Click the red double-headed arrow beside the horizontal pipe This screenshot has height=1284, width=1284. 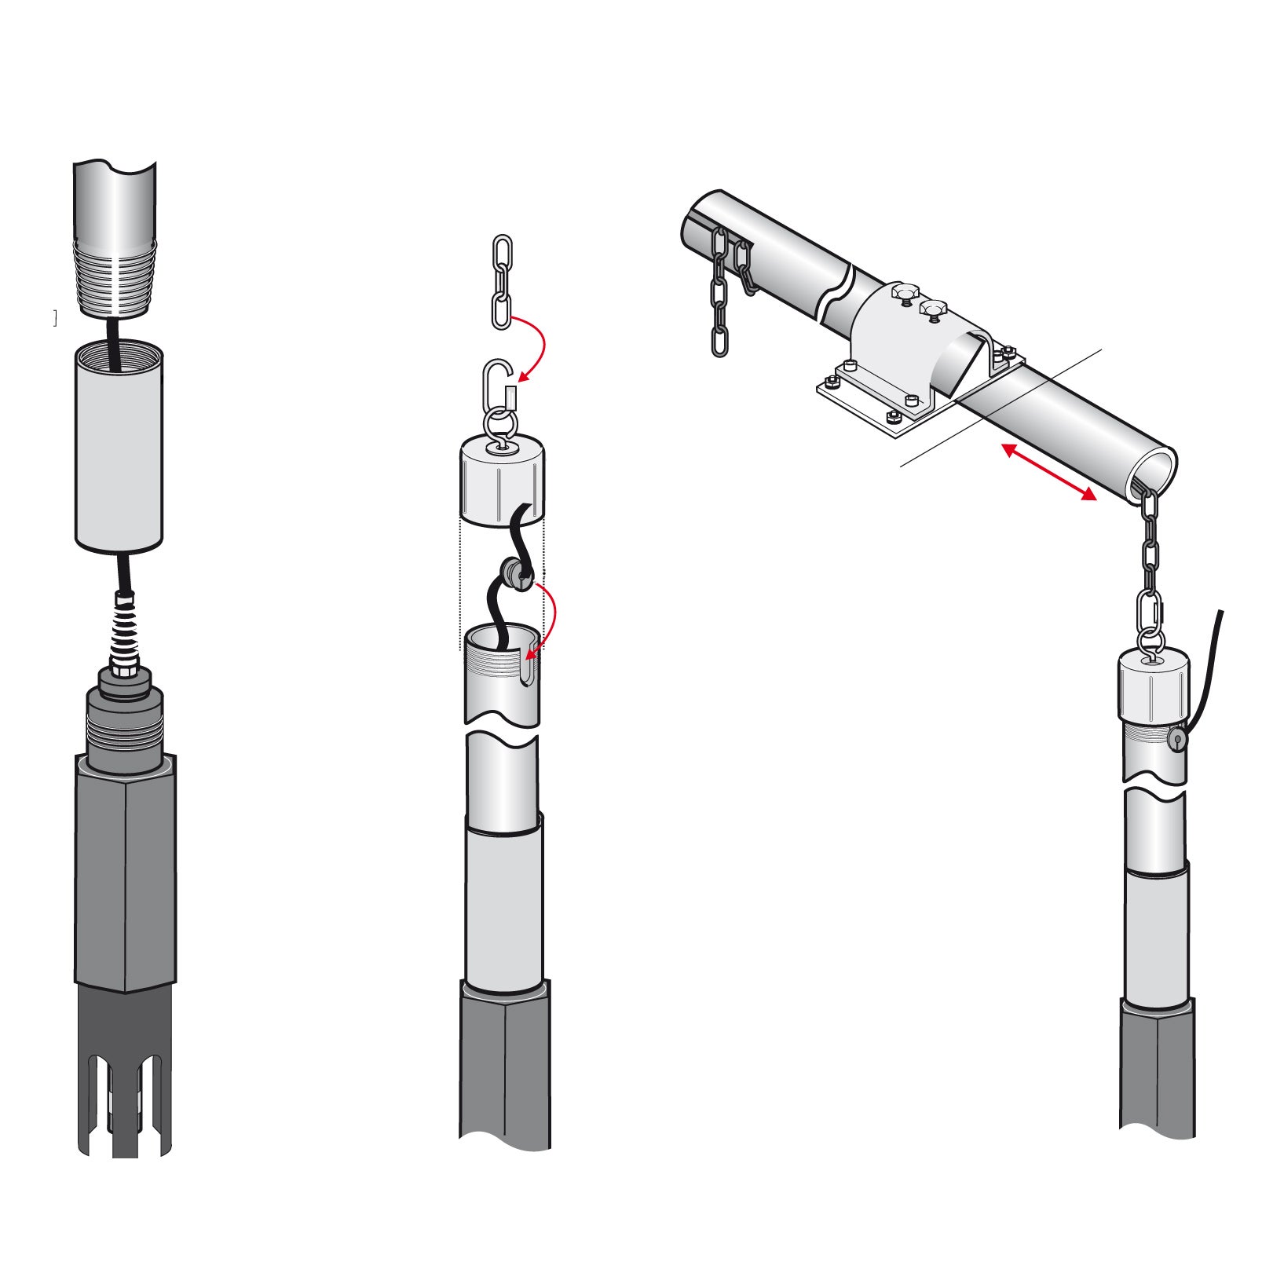click(x=1048, y=472)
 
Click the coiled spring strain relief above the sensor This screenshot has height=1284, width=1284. click(x=126, y=628)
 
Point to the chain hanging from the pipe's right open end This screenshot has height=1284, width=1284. click(x=1149, y=550)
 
